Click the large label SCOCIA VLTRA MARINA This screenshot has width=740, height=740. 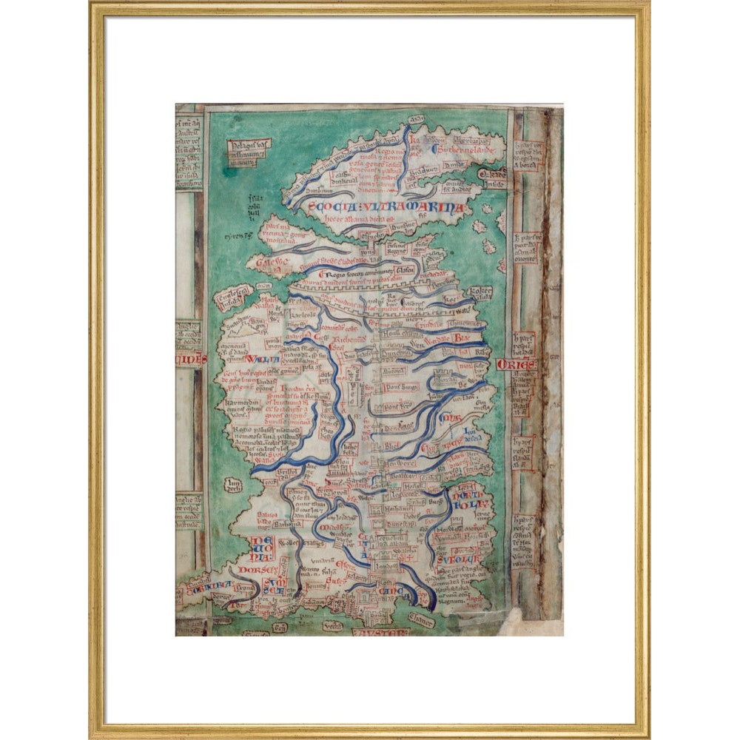(x=386, y=208)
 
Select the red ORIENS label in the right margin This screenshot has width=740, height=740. (x=515, y=365)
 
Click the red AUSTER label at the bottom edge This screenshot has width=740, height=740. (x=380, y=633)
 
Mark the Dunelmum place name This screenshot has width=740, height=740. (x=396, y=354)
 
